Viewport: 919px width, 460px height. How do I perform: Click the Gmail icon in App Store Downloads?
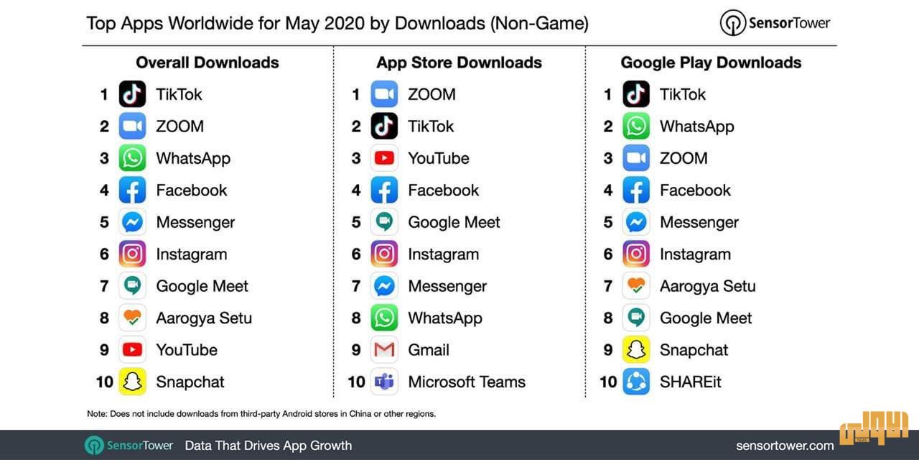[384, 350]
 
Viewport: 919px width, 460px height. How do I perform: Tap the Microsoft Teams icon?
[384, 382]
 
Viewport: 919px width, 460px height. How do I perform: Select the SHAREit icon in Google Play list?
[636, 382]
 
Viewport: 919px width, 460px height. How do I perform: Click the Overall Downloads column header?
[207, 63]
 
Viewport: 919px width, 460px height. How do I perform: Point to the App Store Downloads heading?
[459, 63]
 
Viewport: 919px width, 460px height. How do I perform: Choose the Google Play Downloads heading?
[711, 63]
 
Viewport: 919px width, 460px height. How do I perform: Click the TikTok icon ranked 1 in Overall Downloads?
[132, 94]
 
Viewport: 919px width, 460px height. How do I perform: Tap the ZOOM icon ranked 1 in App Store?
[384, 94]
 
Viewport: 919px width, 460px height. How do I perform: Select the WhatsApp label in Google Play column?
[696, 126]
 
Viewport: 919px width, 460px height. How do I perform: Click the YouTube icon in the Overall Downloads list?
[132, 350]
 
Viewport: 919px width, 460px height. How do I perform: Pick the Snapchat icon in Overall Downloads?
[132, 382]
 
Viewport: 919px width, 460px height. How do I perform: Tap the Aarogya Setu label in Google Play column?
[707, 286]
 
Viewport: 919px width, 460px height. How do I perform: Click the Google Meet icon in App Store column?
[384, 222]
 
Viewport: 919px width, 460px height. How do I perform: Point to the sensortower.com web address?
[785, 446]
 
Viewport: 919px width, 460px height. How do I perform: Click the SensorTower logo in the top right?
[775, 23]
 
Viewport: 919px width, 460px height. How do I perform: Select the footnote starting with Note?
[261, 413]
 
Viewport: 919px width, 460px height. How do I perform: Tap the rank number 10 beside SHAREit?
[608, 382]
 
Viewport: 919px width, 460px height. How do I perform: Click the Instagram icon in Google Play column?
[636, 254]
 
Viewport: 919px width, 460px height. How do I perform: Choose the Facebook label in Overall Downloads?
[191, 190]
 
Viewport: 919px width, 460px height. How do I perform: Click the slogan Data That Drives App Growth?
[269, 446]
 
